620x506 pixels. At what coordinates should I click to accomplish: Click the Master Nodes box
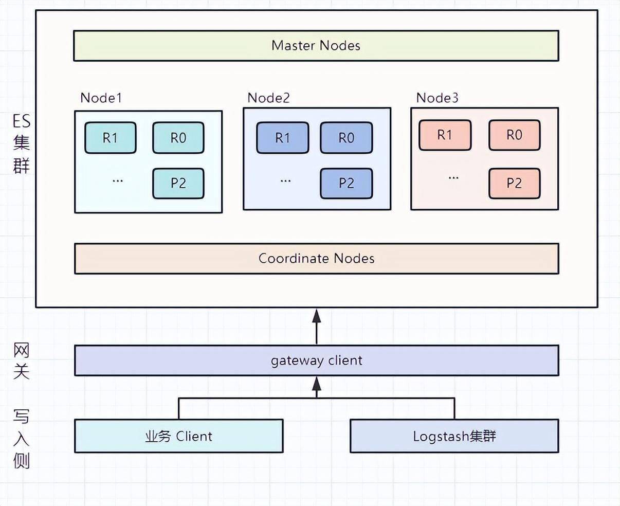pos(316,46)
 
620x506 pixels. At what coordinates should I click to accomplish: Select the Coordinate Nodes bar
pos(317,259)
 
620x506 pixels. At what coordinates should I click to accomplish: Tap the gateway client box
pos(317,360)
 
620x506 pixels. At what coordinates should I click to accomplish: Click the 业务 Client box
pos(179,436)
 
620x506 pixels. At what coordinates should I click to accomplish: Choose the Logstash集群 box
pos(454,436)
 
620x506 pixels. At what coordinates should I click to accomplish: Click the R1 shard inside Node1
pos(111,138)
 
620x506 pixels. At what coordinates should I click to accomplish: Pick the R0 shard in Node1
pos(178,138)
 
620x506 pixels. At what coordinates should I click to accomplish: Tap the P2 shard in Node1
pos(178,183)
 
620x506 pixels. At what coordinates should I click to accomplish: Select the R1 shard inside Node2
pos(283,138)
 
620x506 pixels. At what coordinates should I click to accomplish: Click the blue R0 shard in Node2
pos(347,138)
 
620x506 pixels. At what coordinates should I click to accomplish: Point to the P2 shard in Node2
pos(347,183)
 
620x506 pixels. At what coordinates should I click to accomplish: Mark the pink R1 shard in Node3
pos(445,135)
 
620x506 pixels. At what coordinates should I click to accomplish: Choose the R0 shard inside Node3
pos(515,135)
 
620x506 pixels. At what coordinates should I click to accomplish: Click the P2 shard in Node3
pos(515,183)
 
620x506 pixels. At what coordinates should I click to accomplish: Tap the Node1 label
pos(101,98)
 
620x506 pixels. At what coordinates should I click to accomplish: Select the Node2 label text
pos(269,98)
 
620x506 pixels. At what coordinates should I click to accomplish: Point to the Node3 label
pos(437,98)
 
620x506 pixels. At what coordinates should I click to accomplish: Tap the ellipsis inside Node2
pos(285,180)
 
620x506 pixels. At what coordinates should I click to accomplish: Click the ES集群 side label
pos(22,144)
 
